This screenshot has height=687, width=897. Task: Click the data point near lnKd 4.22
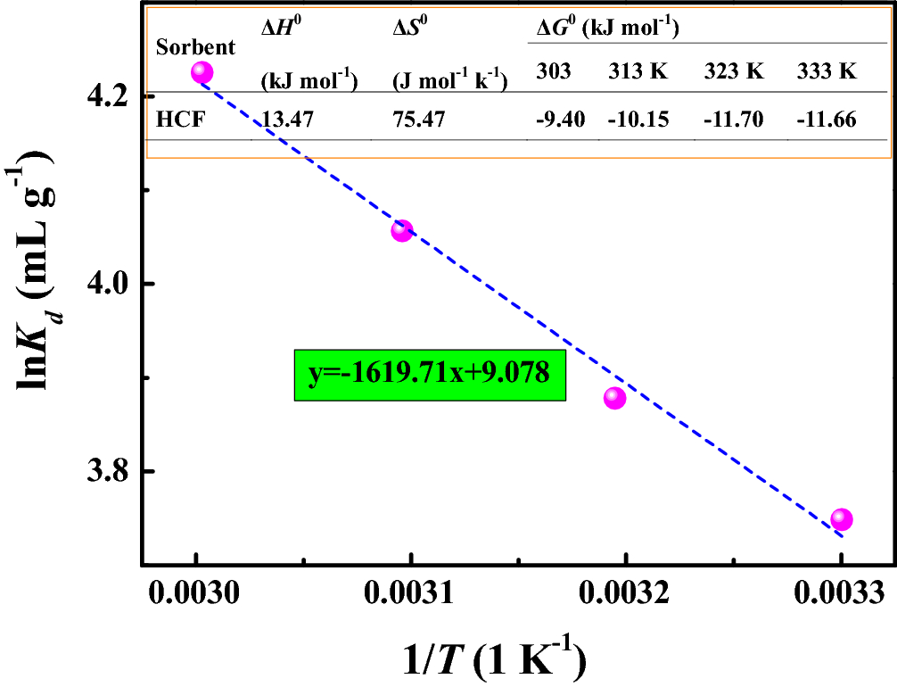202,72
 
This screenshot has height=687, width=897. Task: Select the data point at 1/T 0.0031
401,231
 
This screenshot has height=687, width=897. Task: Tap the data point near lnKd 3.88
614,398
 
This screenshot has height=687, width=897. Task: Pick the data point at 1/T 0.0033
841,519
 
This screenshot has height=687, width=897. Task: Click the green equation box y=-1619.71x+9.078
429,375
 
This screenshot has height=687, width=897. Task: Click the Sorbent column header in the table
195,47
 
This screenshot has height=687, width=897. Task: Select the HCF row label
181,119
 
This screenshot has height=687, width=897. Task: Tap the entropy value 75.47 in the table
418,119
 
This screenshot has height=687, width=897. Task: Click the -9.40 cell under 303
560,119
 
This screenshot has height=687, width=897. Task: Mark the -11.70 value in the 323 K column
733,119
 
